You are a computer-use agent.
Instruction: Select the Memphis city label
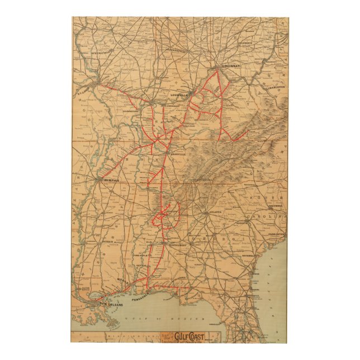[x=108, y=180]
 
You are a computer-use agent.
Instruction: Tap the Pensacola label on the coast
[x=141, y=298]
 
